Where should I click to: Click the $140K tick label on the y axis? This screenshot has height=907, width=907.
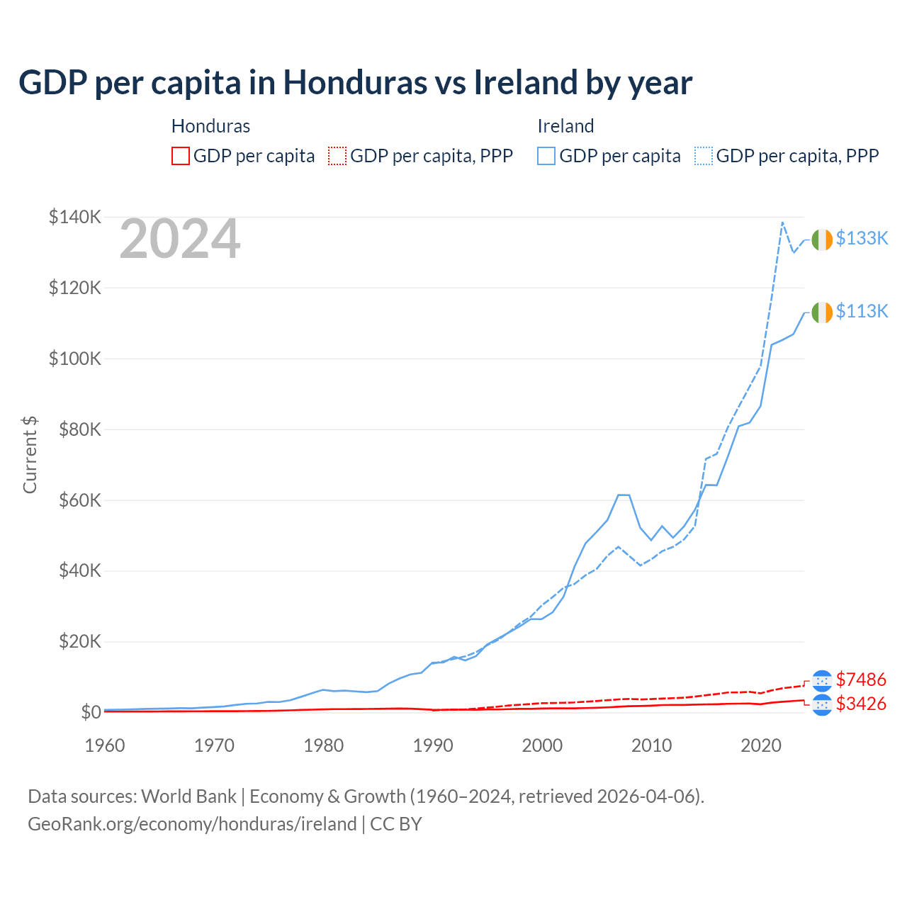pyautogui.click(x=75, y=217)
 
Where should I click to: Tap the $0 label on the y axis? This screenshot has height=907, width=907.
pyautogui.click(x=91, y=712)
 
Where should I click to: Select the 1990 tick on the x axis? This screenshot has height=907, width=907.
pyautogui.click(x=433, y=745)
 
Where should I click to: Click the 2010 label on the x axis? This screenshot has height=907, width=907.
pyautogui.click(x=652, y=745)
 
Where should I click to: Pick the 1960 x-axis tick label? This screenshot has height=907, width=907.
pyautogui.click(x=105, y=745)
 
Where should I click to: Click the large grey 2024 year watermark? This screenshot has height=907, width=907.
pyautogui.click(x=180, y=239)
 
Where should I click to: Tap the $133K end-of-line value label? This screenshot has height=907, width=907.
pyautogui.click(x=862, y=238)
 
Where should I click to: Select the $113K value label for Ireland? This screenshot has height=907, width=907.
pyautogui.click(x=862, y=311)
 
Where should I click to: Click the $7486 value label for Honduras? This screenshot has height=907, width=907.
pyautogui.click(x=861, y=680)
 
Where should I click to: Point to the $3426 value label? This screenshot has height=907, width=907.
pyautogui.click(x=861, y=704)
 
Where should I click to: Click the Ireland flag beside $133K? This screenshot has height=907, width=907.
pyautogui.click(x=822, y=240)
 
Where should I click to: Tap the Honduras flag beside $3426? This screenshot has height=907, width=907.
pyautogui.click(x=822, y=704)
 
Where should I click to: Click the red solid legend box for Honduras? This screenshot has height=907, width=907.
pyautogui.click(x=181, y=156)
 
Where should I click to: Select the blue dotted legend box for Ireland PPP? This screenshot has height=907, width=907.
pyautogui.click(x=704, y=156)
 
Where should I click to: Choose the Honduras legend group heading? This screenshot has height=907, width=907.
pyautogui.click(x=210, y=126)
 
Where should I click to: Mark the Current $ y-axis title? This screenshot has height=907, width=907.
pyautogui.click(x=30, y=455)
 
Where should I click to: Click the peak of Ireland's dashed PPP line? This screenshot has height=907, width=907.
pyautogui.click(x=782, y=222)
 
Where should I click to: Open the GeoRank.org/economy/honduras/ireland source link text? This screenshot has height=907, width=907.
pyautogui.click(x=192, y=824)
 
